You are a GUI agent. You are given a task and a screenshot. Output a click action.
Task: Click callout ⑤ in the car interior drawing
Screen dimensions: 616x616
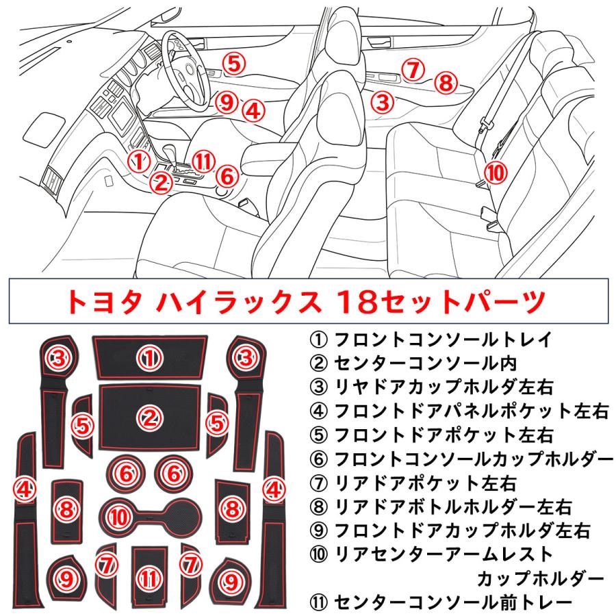(x=233, y=64)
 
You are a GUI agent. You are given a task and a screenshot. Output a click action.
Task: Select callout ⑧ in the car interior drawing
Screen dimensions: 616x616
(x=446, y=84)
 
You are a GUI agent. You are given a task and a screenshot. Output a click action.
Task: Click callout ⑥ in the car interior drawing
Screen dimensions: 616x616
(x=227, y=175)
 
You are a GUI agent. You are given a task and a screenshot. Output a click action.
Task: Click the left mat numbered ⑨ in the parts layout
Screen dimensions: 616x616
(x=66, y=580)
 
